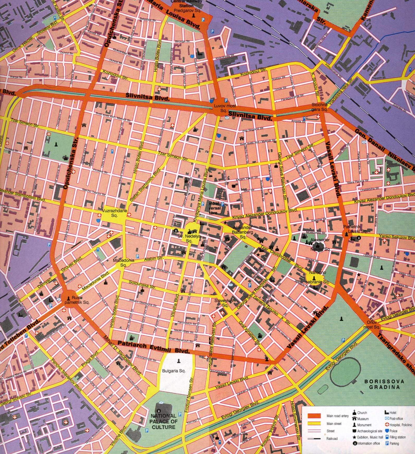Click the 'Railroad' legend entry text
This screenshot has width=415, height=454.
(x=332, y=439)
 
